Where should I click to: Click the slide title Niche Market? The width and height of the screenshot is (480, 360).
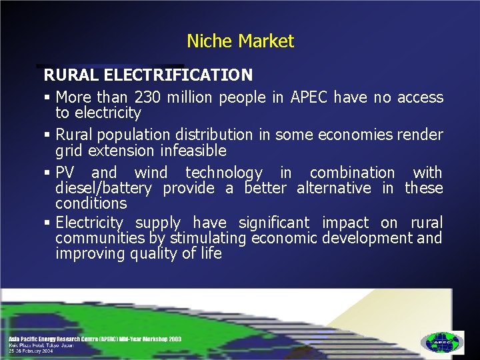coord(240,41)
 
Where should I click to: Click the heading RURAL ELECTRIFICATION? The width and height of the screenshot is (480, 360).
coord(148,74)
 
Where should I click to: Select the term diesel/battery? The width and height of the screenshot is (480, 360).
coord(103,188)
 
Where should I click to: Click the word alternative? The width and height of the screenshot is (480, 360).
coord(333,188)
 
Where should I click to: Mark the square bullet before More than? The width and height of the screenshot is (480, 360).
coord(48,98)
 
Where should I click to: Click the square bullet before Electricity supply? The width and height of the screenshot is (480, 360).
coord(48,223)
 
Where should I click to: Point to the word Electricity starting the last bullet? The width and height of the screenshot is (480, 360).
coord(89,223)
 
